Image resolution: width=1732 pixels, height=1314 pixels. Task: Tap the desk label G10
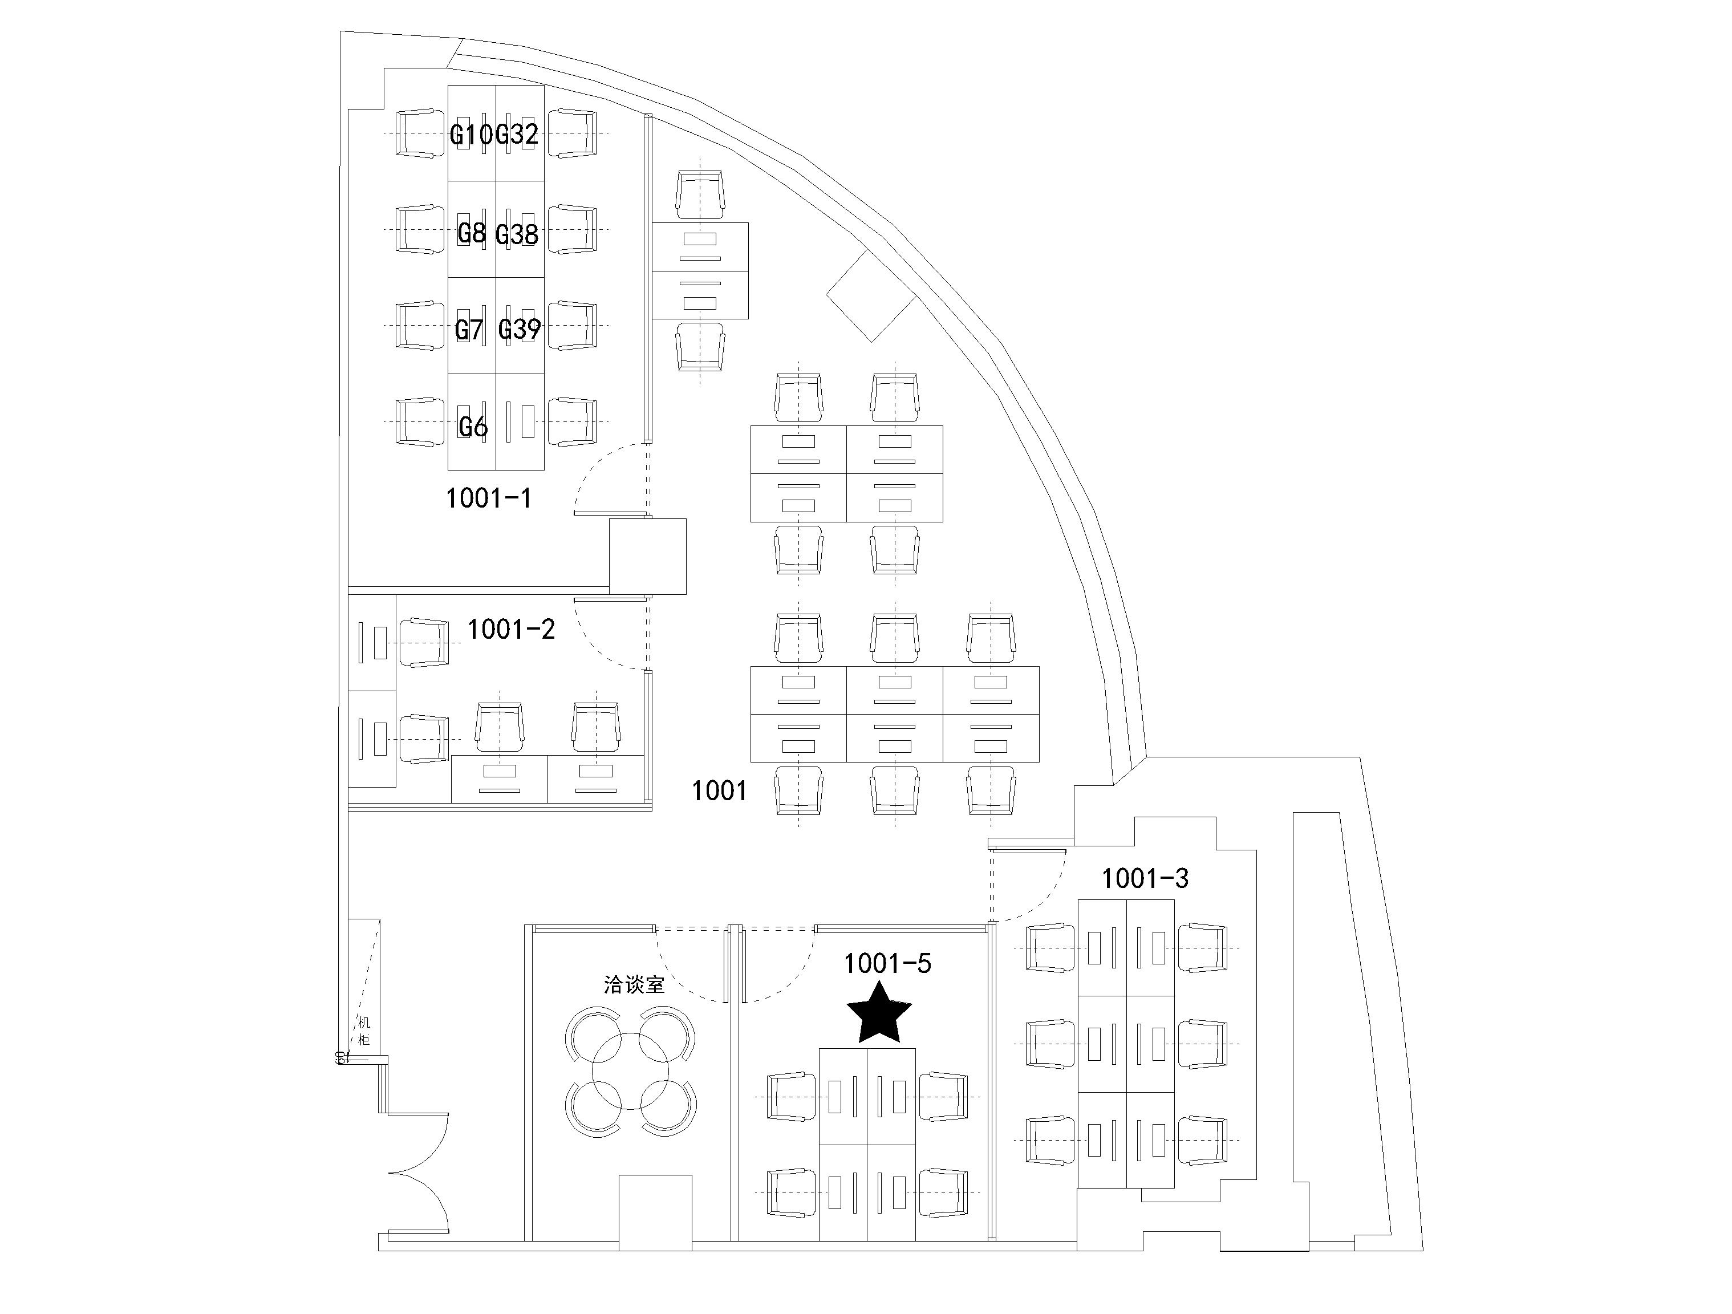coord(472,136)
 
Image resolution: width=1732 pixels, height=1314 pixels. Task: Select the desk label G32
coord(518,136)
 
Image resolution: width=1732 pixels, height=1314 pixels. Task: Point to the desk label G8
coord(472,233)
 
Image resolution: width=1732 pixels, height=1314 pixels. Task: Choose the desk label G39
coord(519,329)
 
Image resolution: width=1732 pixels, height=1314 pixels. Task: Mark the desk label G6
coord(473,427)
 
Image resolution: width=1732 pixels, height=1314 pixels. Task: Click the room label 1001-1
coord(489,498)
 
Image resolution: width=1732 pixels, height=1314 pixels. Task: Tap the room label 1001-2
coord(512,629)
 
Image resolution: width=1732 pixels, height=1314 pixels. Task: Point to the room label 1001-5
coord(887,964)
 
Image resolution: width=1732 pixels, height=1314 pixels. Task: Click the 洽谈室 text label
coord(634,984)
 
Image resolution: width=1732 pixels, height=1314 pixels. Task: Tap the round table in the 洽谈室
coord(630,1070)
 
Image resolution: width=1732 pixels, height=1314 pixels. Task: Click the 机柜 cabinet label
coord(364,1031)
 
